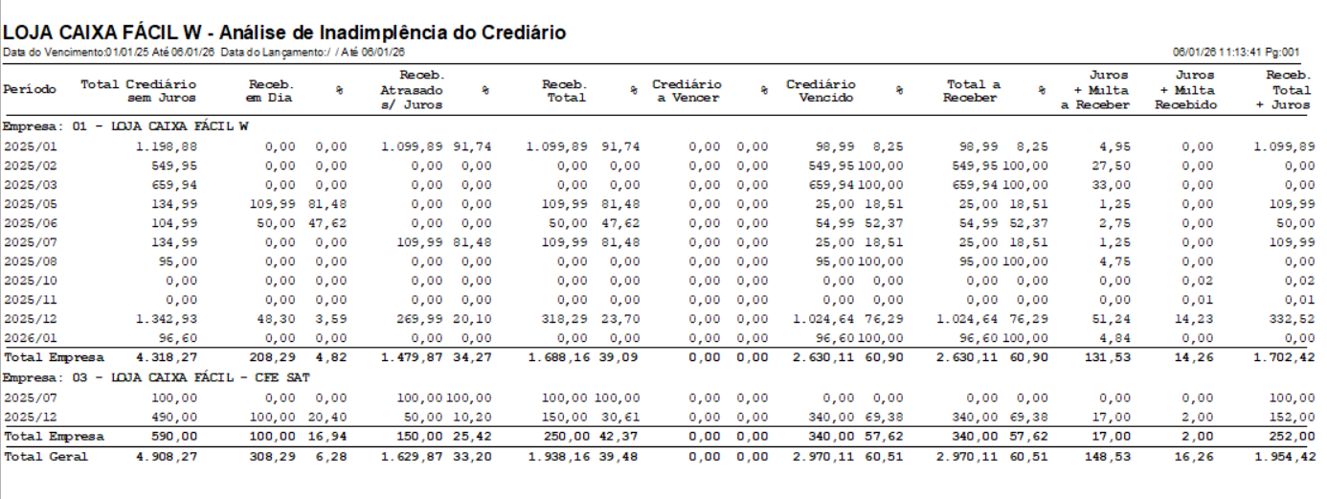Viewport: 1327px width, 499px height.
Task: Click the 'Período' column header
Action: point(30,89)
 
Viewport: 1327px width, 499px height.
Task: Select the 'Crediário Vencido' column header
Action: point(821,90)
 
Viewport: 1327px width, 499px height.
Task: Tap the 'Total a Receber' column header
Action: point(973,90)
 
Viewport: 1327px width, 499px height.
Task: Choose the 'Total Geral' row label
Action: point(45,456)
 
